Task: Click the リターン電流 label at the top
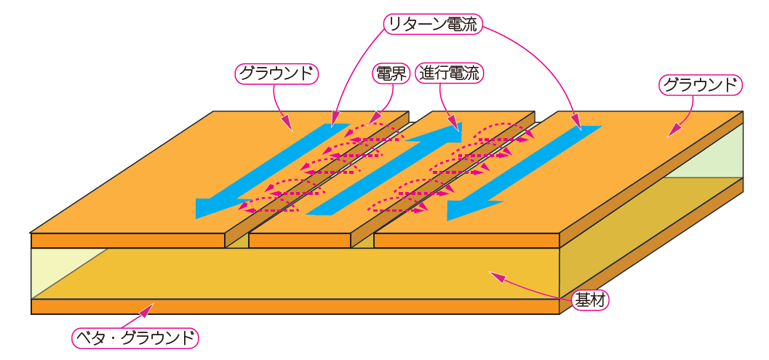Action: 432,25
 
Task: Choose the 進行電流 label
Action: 450,73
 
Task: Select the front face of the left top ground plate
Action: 127,241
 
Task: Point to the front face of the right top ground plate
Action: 466,241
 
